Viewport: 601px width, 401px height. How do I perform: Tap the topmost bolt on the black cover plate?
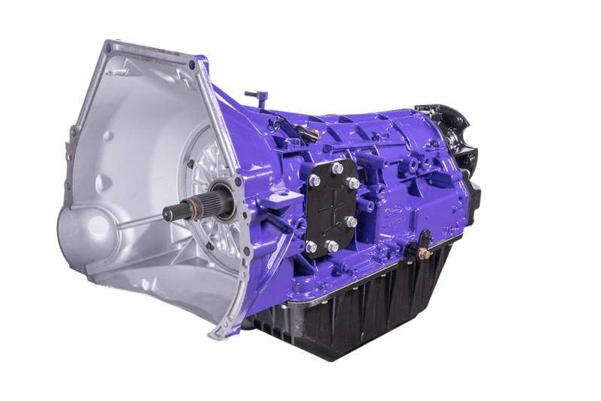337,168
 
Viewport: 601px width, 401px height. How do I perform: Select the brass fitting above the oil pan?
424,254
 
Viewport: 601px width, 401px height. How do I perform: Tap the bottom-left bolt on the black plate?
311,246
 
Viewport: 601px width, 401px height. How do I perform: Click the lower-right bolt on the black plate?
351,222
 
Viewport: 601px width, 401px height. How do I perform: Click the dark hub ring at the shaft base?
223,197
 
